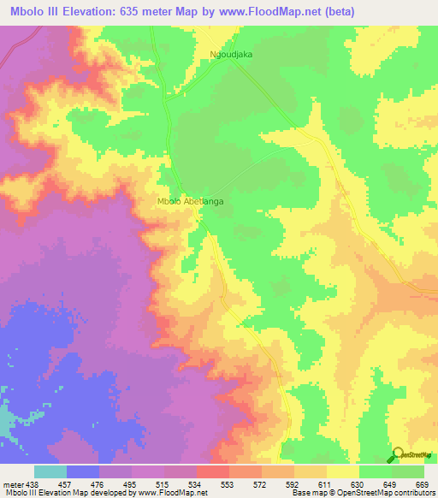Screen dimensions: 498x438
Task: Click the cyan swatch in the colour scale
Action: point(50,471)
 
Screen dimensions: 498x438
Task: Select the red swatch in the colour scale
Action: point(213,471)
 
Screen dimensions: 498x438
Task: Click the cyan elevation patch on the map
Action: point(5,419)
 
